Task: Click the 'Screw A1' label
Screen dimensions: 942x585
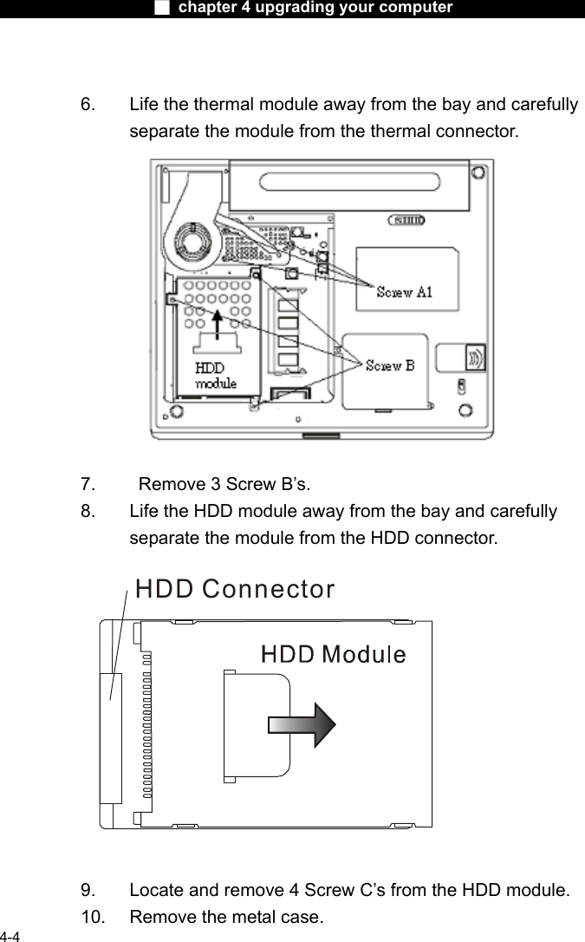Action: click(x=404, y=292)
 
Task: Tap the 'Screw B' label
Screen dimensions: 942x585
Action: click(x=389, y=365)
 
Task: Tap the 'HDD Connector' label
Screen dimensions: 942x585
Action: click(x=235, y=589)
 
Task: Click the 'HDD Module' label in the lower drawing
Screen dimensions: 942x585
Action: click(x=334, y=654)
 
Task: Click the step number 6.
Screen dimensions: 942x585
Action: click(x=88, y=105)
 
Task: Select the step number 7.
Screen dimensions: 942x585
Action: click(x=88, y=482)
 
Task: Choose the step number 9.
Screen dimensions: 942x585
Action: click(x=88, y=890)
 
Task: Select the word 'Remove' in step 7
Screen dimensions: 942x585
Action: click(x=167, y=482)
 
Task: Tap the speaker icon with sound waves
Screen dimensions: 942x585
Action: click(x=475, y=357)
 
